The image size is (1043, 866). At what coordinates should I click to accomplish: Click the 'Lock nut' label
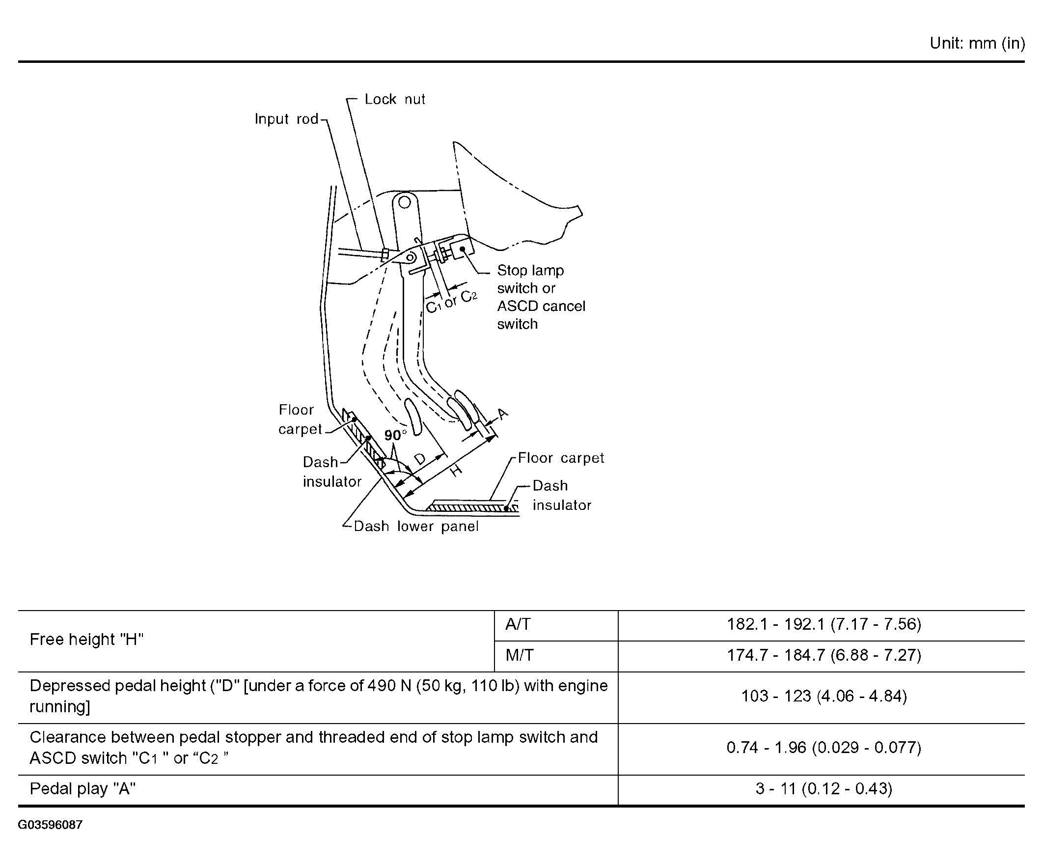coord(394,99)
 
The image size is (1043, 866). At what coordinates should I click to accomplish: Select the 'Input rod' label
coord(286,119)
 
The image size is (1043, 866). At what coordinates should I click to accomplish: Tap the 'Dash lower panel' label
coord(416,526)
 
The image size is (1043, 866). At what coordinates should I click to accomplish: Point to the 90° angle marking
coord(395,435)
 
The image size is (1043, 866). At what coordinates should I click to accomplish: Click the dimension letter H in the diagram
coord(456,470)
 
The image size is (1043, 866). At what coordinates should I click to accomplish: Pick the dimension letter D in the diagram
coord(420,459)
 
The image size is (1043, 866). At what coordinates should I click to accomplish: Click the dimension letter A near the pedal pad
coord(503,414)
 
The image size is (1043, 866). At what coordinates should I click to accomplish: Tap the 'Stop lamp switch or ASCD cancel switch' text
coord(540,297)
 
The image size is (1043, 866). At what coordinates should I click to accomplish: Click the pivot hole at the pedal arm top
coord(405,202)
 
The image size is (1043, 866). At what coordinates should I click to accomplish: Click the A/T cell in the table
coord(518,624)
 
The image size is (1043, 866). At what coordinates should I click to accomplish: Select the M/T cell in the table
coord(519,655)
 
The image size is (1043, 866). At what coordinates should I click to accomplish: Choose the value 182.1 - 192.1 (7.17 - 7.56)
coord(823,624)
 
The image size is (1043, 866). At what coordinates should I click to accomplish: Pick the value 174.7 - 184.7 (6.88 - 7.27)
coord(823,655)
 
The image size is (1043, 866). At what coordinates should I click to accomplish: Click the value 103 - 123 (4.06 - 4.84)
coord(823,696)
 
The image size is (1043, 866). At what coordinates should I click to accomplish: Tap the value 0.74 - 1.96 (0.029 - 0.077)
coord(823,747)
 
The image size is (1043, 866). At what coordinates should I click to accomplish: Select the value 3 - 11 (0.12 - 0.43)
coord(823,788)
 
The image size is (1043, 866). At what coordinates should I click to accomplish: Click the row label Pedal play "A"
coord(82,788)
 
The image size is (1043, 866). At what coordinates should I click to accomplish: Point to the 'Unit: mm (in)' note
coord(977,44)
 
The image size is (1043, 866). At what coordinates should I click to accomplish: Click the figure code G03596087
coord(50,825)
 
